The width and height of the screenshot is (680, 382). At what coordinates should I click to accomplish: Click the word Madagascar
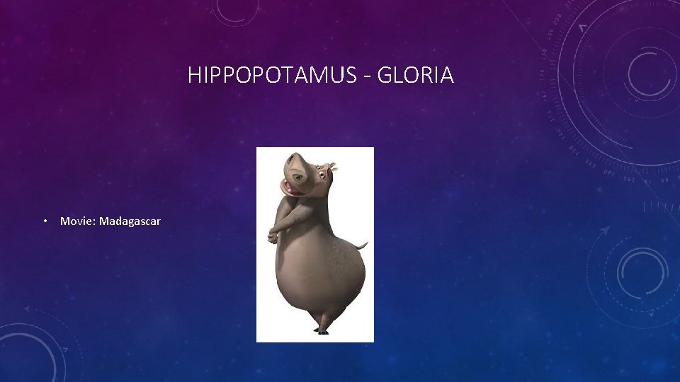pyautogui.click(x=130, y=221)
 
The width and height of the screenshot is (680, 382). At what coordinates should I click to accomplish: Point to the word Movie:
pyautogui.click(x=78, y=221)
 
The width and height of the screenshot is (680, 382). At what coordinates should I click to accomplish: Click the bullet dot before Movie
pyautogui.click(x=45, y=221)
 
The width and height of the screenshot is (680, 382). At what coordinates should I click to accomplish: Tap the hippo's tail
pyautogui.click(x=363, y=245)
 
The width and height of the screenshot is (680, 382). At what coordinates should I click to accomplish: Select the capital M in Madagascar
pyautogui.click(x=104, y=221)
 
